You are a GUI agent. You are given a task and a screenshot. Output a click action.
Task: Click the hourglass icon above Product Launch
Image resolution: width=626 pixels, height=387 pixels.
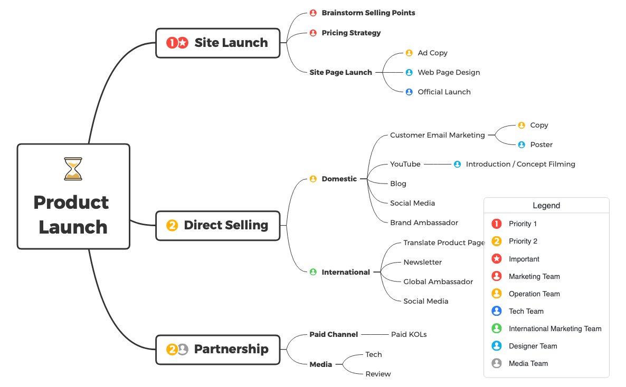point(73,169)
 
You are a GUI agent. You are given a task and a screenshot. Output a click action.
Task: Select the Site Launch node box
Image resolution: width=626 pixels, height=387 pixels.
point(217,43)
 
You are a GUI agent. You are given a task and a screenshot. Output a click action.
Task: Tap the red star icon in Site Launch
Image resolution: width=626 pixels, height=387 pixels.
point(183,43)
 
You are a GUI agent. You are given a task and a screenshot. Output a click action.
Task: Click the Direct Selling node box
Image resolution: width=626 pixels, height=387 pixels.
point(217,225)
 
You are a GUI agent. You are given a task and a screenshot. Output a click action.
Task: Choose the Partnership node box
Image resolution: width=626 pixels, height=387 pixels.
point(217,349)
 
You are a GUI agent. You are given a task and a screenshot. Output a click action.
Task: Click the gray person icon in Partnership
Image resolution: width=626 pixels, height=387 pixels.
point(183,349)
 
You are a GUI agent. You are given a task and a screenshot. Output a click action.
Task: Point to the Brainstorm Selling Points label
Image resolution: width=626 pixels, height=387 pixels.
point(368,13)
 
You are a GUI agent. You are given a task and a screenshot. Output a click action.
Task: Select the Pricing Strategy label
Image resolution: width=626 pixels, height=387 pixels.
point(351,33)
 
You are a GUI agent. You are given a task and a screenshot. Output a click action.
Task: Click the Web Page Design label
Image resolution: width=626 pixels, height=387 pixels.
point(449,72)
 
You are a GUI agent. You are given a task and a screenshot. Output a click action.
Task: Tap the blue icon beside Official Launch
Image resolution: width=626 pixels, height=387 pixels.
point(409,92)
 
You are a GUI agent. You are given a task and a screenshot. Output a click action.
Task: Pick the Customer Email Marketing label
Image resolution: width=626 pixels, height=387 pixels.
point(437,135)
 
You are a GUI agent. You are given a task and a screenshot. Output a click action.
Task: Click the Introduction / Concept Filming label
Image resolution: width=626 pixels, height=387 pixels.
point(520,164)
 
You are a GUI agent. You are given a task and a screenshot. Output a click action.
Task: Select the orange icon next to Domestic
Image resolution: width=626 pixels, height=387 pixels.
point(313,179)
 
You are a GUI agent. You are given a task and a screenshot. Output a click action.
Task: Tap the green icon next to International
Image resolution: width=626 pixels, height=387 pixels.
point(313,272)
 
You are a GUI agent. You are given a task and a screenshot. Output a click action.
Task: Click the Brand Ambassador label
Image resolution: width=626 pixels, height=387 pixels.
point(424,222)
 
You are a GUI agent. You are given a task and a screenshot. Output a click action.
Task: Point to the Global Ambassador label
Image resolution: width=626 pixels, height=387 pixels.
point(438,282)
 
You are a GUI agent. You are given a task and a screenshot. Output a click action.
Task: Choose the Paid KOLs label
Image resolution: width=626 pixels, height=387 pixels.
point(409,334)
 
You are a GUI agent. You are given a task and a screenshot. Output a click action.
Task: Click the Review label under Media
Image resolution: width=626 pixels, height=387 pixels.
point(378,374)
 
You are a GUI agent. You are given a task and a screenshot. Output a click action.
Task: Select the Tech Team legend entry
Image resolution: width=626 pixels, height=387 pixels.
point(526,311)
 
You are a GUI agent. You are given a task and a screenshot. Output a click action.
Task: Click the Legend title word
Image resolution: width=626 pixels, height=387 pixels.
point(546,206)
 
